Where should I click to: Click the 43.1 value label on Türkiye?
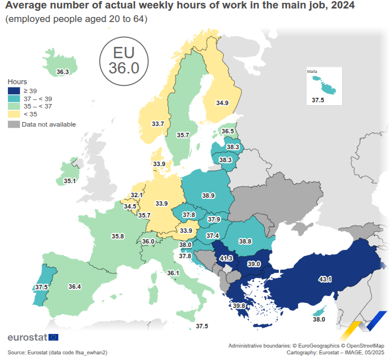pyautogui.click(x=325, y=279)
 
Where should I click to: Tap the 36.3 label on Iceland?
pyautogui.click(x=63, y=72)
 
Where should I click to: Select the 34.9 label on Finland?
pyautogui.click(x=222, y=103)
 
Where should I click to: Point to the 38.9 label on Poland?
pyautogui.click(x=208, y=195)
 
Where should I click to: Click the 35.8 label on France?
pyautogui.click(x=117, y=236)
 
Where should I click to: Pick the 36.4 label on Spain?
pyautogui.click(x=75, y=287)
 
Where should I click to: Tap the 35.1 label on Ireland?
pyautogui.click(x=69, y=181)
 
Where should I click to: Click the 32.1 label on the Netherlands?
pyautogui.click(x=137, y=195)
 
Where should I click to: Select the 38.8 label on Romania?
pyautogui.click(x=245, y=241)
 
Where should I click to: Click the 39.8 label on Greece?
pyautogui.click(x=239, y=306)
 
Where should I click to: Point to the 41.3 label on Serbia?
pyautogui.click(x=226, y=258)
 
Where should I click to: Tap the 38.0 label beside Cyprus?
pyautogui.click(x=319, y=319)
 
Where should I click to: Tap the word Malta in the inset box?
pyautogui.click(x=312, y=72)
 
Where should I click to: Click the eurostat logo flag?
pyautogui.click(x=54, y=337)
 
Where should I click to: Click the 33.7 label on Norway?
pyautogui.click(x=158, y=124)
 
